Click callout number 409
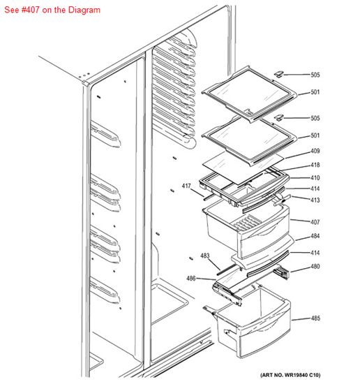(x=315, y=151)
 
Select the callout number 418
(x=315, y=165)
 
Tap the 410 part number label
(x=315, y=177)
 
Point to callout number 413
(x=315, y=200)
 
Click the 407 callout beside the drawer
(x=315, y=222)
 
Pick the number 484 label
(x=315, y=236)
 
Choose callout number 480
(x=315, y=266)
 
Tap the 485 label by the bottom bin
(x=316, y=318)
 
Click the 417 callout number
(x=186, y=186)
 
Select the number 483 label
(x=205, y=256)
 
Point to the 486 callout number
(x=191, y=278)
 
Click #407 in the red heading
(x=28, y=10)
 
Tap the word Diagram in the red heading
(x=84, y=10)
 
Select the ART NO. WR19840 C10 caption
(x=290, y=375)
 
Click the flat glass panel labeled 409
(x=242, y=167)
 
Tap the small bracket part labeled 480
(x=281, y=272)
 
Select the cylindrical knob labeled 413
(x=283, y=200)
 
